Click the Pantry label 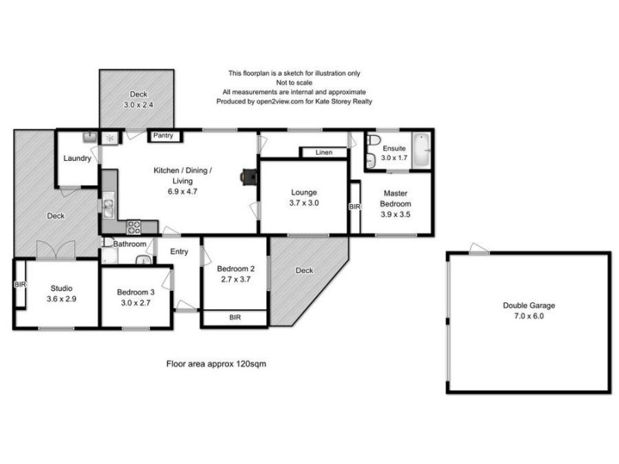164,136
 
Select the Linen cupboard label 323,153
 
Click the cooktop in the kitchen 133,227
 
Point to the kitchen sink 108,206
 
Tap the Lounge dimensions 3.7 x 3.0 304,203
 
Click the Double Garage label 528,305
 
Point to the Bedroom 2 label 234,268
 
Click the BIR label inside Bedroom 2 234,318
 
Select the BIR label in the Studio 19,285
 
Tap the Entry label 180,251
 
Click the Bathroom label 130,244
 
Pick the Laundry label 77,159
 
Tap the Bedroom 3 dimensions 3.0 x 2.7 135,303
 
